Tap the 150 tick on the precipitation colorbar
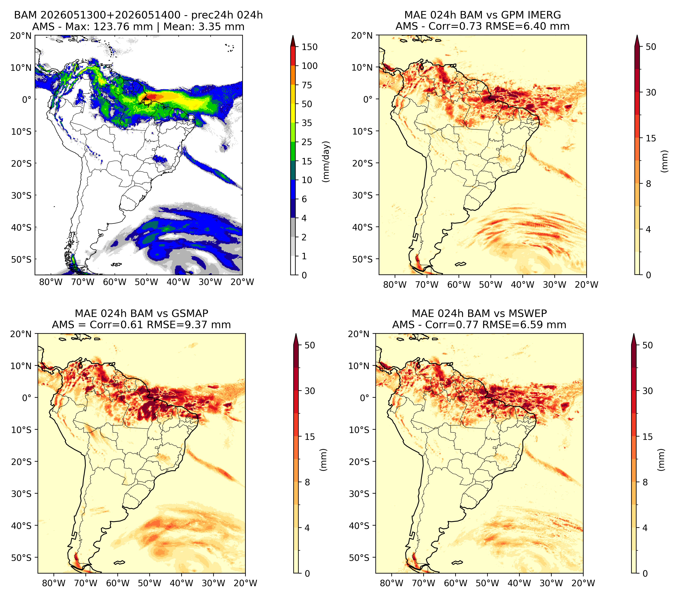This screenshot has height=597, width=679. [x=309, y=47]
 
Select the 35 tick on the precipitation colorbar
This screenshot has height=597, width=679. [x=307, y=123]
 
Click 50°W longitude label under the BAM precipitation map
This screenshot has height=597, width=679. [x=146, y=282]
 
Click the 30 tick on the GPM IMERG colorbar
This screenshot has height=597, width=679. [x=651, y=92]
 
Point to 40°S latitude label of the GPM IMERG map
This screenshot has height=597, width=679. [x=363, y=227]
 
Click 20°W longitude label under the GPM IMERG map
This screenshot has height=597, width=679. [x=586, y=285]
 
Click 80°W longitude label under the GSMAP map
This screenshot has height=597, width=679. [x=54, y=583]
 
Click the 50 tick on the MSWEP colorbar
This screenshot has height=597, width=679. [x=647, y=345]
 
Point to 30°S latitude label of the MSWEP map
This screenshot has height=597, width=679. [x=359, y=494]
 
